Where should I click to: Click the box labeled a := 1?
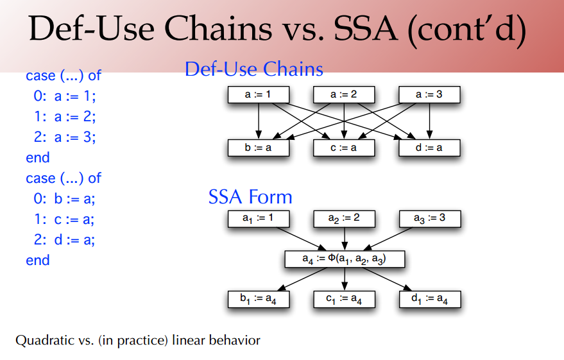259,95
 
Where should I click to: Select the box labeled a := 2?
344,95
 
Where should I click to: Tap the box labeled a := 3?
429,95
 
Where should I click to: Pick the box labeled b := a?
259,148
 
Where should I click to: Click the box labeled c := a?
344,148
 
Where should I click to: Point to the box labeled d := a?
429,148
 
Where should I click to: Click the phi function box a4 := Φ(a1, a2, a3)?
345,259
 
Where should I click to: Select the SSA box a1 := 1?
259,218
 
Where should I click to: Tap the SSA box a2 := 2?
344,218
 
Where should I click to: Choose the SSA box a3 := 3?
429,218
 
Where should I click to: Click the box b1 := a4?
259,299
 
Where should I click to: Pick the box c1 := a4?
344,299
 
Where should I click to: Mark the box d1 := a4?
429,299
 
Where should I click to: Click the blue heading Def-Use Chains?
253,69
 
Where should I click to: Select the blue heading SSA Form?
250,196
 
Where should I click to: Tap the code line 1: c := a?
64,219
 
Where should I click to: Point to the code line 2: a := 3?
65,137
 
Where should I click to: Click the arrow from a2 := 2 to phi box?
345,239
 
